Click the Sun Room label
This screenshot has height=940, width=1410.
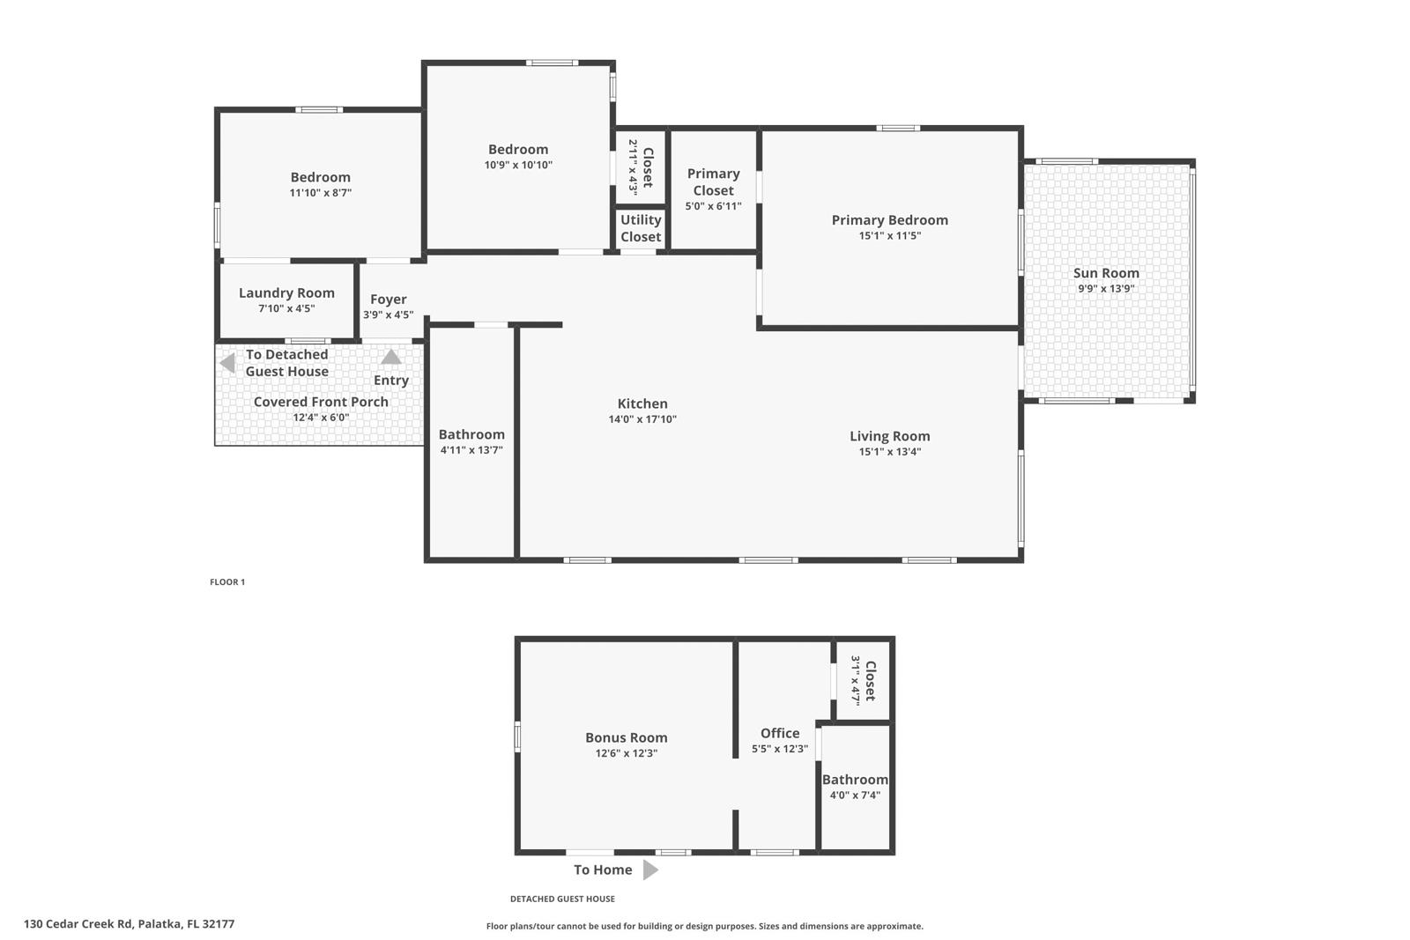click(1106, 273)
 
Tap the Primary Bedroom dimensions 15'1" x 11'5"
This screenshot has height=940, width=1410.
click(889, 236)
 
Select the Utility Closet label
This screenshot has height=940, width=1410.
click(641, 228)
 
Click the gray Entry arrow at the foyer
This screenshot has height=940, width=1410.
click(391, 357)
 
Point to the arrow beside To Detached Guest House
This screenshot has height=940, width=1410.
click(227, 363)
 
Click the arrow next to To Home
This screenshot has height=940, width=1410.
click(650, 870)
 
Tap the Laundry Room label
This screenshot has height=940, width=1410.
click(286, 293)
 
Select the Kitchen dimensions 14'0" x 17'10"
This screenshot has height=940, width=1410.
click(642, 419)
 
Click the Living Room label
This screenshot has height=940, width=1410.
click(889, 436)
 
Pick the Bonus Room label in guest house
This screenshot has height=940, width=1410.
click(626, 738)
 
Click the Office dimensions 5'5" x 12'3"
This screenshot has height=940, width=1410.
click(779, 749)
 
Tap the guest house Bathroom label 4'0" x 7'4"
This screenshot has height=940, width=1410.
click(855, 780)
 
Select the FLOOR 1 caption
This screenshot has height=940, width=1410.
click(227, 582)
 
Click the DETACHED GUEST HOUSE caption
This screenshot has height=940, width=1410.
click(562, 899)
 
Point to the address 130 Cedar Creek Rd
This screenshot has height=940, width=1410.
click(129, 924)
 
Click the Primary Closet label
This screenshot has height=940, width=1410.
click(713, 182)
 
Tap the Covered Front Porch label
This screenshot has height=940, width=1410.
click(321, 402)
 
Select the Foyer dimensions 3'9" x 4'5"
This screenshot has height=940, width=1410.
click(388, 315)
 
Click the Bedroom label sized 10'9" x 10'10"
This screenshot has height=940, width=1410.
click(518, 150)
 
